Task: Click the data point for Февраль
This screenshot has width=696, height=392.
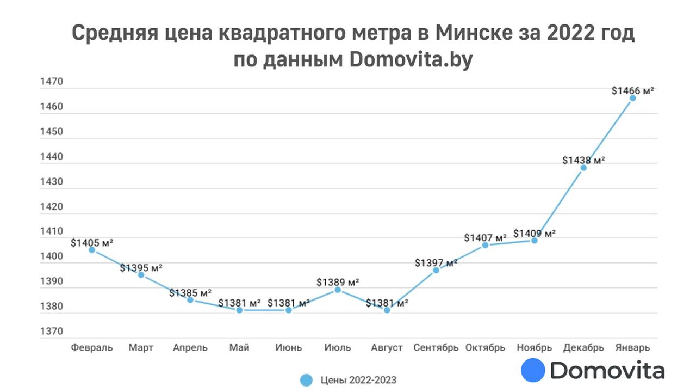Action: (92, 250)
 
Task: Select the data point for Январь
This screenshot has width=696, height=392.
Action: (632, 98)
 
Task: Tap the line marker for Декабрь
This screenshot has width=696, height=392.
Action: (583, 168)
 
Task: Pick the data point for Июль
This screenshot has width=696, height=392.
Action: (338, 290)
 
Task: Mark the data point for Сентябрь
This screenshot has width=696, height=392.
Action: (436, 270)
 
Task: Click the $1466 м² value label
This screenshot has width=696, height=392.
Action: (632, 91)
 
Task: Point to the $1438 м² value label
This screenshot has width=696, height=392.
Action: (583, 160)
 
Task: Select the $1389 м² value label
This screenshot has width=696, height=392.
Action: (338, 283)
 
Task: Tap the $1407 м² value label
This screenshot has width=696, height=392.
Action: (485, 238)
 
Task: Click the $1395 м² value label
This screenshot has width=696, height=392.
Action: (141, 268)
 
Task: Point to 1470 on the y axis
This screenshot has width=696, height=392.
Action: (52, 82)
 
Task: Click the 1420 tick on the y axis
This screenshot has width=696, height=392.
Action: (52, 207)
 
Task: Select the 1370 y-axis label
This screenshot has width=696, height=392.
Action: (52, 331)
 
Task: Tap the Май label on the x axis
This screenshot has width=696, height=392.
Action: (239, 347)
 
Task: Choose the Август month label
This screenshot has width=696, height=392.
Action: (387, 347)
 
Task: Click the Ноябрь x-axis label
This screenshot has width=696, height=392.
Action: (534, 347)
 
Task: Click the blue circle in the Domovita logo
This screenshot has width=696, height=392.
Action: (533, 370)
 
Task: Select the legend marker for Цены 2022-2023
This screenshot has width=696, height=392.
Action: (307, 380)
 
